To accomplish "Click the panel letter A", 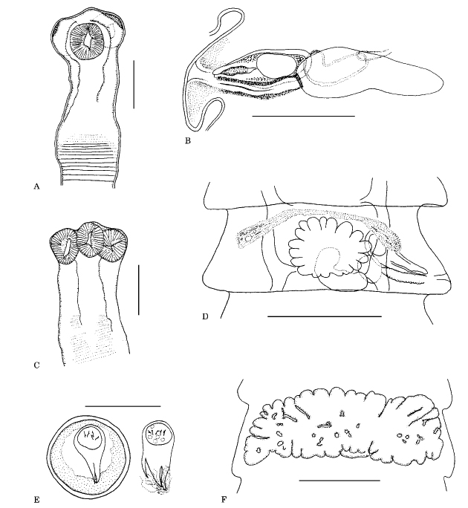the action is [36, 186].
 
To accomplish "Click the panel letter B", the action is [188, 140].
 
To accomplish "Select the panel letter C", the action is [36, 365].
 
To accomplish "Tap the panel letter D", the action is [205, 316].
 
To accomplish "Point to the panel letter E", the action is [36, 500].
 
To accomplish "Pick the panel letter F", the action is [224, 500].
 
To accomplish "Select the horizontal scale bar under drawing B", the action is [303, 116].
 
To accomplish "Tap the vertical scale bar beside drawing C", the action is [138, 290].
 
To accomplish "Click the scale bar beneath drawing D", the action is [325, 316].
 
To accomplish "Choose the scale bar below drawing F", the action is [339, 480].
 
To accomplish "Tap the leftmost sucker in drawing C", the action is [64, 247].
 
